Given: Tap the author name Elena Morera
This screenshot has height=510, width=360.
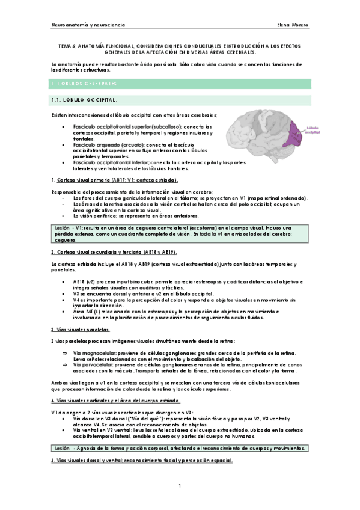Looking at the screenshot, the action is pyautogui.click(x=293, y=26).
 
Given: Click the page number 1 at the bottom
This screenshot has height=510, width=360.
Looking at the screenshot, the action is pyautogui.click(x=180, y=485).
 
